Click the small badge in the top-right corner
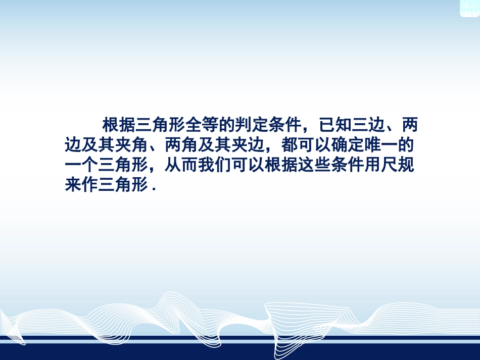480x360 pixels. tap(469, 8)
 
